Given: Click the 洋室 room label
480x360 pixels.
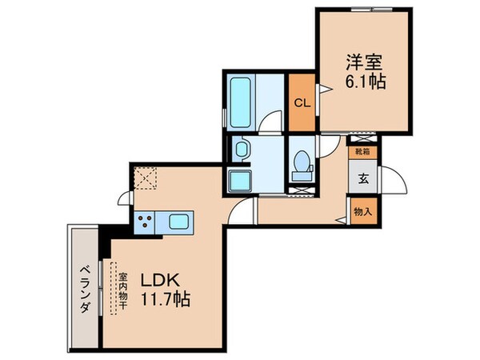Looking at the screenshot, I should coord(363,62).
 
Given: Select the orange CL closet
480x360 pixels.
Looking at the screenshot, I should coord(302,102).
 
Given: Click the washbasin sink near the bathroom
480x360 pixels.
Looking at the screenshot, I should coord(242,148).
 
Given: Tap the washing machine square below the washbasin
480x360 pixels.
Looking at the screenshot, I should coord(241,180).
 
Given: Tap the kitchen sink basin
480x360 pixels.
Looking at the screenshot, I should coord(179,219).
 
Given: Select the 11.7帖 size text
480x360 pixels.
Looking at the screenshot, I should coord(166,302).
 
